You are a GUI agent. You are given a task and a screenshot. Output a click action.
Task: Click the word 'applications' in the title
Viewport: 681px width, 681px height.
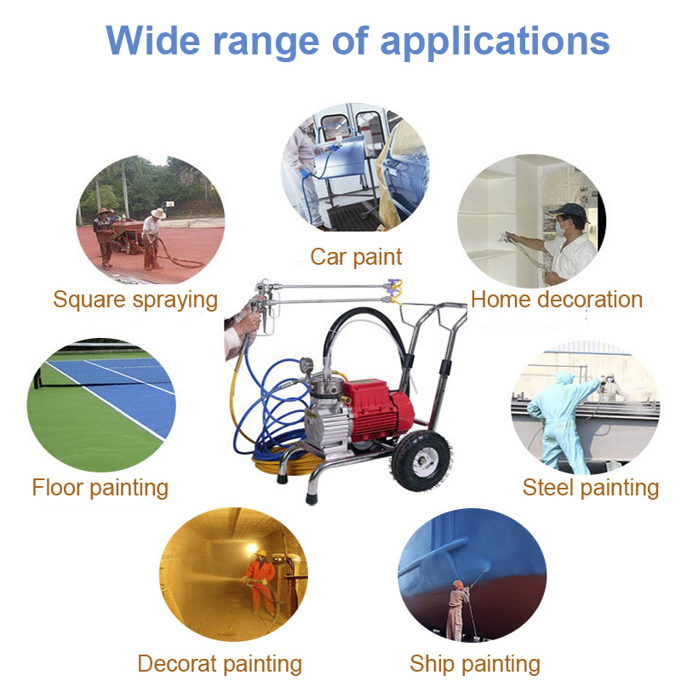(x=495, y=42)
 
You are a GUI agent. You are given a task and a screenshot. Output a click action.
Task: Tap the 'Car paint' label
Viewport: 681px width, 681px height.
(x=356, y=257)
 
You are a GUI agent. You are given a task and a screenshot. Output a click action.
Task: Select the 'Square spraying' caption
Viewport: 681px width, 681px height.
(x=135, y=300)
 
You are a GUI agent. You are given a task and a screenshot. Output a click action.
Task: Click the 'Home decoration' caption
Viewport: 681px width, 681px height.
(x=557, y=300)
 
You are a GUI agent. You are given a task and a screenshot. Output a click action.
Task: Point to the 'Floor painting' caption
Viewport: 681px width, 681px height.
(x=100, y=488)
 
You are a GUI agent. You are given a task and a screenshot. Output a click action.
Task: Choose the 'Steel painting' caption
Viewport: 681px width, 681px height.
(x=591, y=487)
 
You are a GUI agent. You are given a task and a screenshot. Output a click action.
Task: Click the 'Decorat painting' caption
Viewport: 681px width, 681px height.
(x=220, y=665)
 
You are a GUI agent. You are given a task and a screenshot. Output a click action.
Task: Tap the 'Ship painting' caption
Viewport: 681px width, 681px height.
(x=475, y=665)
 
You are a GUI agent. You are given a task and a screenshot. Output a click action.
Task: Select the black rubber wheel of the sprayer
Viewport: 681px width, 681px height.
(x=421, y=461)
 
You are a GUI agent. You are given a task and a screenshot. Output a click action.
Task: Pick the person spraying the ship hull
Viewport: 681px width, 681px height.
(x=457, y=609)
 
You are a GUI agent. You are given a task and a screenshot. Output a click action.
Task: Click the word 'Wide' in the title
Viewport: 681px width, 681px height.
(x=153, y=40)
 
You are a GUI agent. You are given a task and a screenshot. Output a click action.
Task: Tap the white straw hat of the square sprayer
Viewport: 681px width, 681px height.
(x=158, y=213)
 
